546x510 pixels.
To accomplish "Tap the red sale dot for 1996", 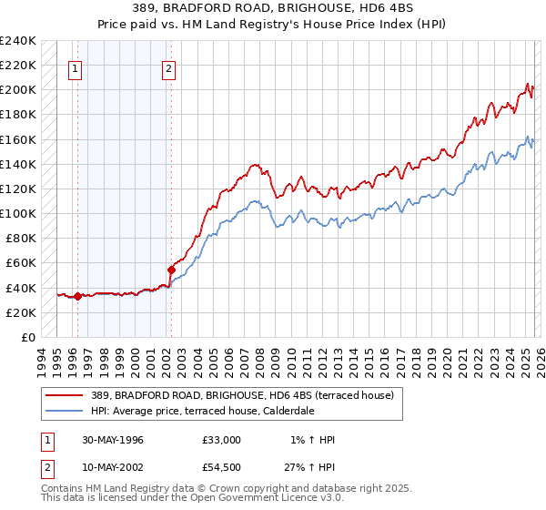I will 77,296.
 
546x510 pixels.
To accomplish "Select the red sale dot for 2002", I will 171,270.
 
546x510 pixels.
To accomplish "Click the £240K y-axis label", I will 18,41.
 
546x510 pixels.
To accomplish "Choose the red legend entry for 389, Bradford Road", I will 240,395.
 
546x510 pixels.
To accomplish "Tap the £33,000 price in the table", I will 222,440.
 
